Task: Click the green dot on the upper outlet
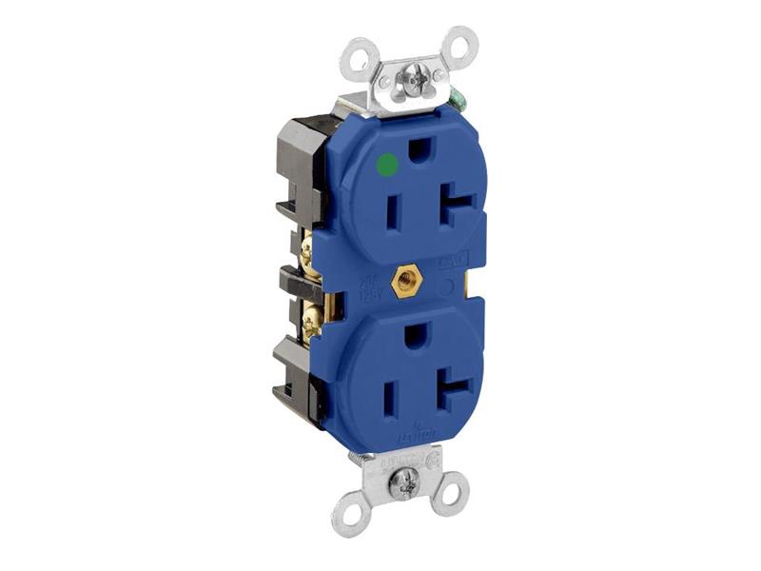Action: point(385,166)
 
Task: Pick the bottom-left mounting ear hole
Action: point(347,515)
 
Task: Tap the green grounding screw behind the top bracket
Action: point(458,98)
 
